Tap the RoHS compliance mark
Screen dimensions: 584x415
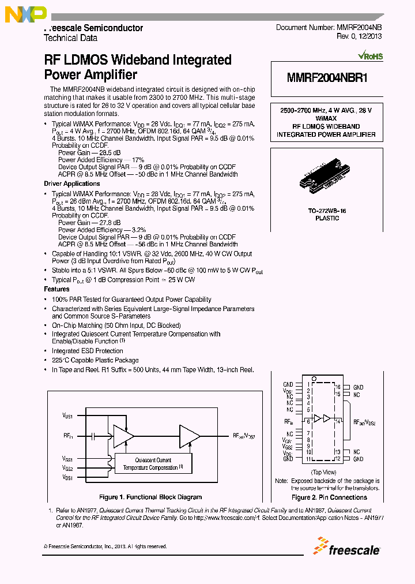[370, 57]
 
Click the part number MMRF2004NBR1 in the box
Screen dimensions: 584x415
[326, 79]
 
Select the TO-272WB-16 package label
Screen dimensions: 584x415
[327, 211]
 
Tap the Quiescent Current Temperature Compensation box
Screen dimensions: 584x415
[153, 463]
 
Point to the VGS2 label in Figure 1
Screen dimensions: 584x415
[68, 468]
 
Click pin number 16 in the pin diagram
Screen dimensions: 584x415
[338, 387]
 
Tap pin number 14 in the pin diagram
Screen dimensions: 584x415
[338, 422]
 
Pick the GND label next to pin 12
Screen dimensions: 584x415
[358, 459]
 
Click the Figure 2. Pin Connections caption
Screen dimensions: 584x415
[329, 497]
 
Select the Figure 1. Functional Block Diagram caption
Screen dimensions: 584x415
[150, 497]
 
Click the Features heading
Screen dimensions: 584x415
[56, 289]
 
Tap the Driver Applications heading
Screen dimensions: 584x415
[72, 184]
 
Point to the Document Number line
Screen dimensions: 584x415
[328, 28]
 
